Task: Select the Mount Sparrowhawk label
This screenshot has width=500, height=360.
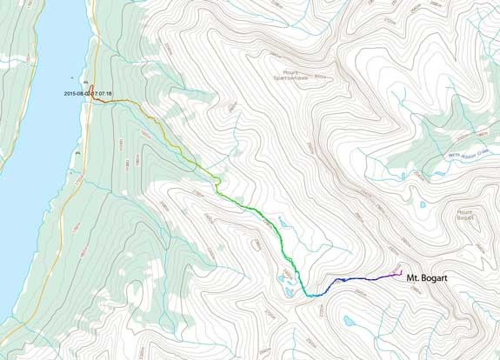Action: (x=297, y=76)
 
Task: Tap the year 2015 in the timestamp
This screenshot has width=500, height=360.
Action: (x=70, y=93)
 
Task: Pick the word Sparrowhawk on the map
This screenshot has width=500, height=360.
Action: (x=297, y=79)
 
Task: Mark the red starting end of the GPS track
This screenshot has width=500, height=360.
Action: (x=93, y=100)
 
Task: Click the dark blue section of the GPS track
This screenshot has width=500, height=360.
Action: (x=365, y=279)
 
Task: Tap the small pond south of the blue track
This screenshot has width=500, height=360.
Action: (x=349, y=321)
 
